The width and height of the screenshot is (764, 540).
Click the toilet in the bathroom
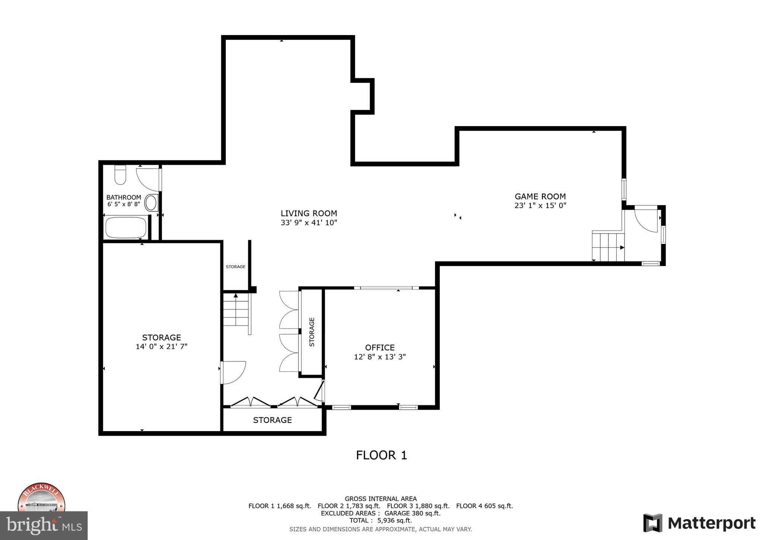(x=120, y=175)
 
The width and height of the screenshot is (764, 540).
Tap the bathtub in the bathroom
(x=126, y=227)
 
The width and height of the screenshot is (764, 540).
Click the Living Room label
(x=309, y=213)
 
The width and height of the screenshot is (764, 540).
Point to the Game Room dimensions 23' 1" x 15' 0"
(x=540, y=205)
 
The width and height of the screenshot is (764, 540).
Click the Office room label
(x=380, y=348)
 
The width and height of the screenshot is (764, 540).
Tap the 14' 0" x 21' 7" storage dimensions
(x=161, y=346)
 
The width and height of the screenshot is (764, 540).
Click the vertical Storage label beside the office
(x=312, y=332)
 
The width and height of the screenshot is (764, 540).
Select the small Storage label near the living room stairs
(x=235, y=267)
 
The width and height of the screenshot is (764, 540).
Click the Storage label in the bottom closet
(x=272, y=420)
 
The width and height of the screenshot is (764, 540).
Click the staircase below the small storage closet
(x=236, y=310)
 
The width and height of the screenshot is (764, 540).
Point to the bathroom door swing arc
(x=147, y=179)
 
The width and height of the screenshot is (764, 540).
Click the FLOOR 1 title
(x=381, y=455)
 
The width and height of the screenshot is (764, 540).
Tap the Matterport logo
(x=699, y=523)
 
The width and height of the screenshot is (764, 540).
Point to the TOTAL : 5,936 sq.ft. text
(x=381, y=520)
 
